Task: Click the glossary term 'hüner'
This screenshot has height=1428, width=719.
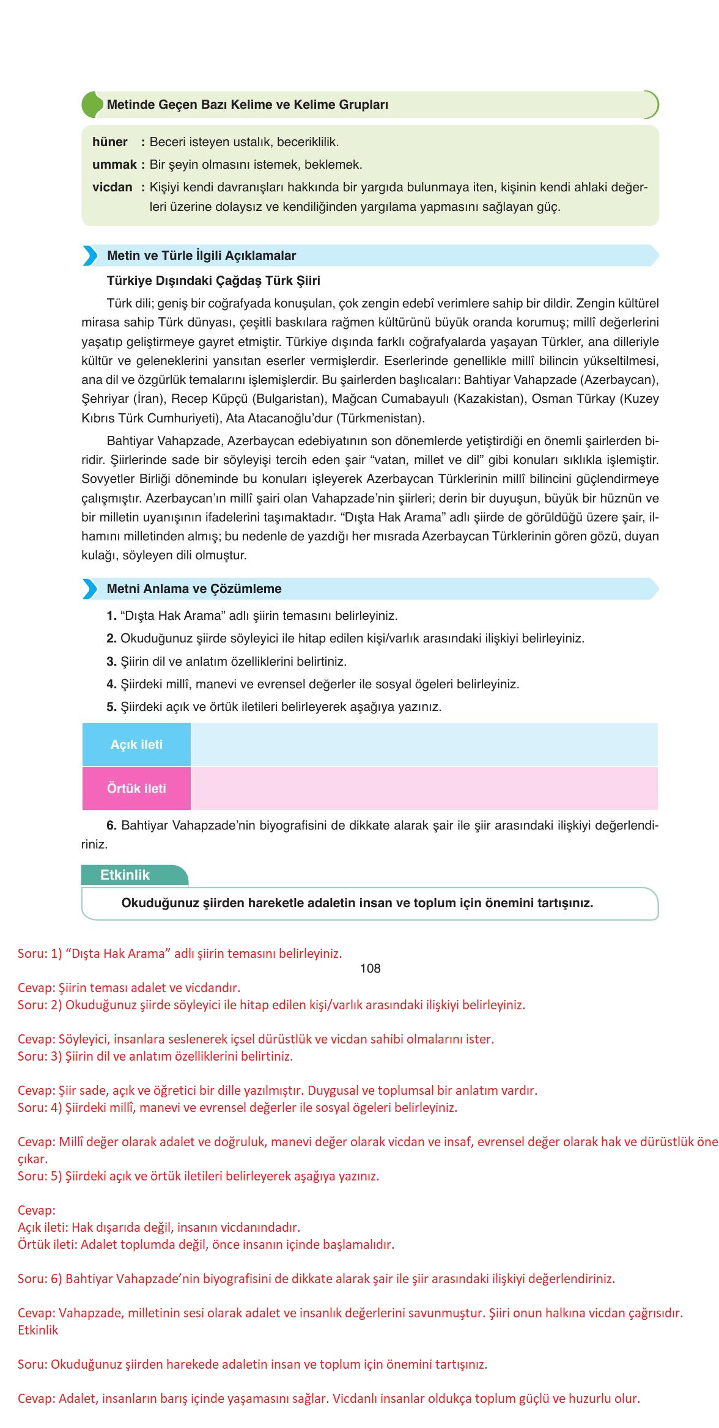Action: [x=110, y=142]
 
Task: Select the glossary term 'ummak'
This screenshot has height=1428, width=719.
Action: [x=114, y=165]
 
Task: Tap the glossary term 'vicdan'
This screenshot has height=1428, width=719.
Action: [x=112, y=188]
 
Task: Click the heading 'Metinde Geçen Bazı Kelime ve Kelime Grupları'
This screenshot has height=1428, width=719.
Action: [x=248, y=105]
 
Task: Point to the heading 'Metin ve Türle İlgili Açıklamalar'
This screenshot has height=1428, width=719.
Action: [x=201, y=256]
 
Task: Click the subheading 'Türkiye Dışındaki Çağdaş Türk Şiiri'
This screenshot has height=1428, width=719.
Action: [x=213, y=281]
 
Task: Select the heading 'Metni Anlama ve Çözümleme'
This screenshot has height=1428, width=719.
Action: [x=194, y=589]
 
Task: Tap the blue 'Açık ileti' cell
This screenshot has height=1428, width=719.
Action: [x=136, y=745]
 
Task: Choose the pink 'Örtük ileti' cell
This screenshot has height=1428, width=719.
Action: [x=136, y=789]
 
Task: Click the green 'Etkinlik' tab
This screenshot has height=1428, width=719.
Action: [x=125, y=875]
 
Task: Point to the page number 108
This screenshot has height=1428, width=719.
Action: [x=371, y=968]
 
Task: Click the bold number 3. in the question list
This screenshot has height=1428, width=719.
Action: [x=111, y=661]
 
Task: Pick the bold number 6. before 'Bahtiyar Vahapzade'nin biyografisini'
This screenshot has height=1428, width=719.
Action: [x=111, y=826]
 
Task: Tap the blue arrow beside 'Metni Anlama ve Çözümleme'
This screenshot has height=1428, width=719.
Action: [x=90, y=589]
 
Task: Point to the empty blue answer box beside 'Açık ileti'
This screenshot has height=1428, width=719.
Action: [x=424, y=745]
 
